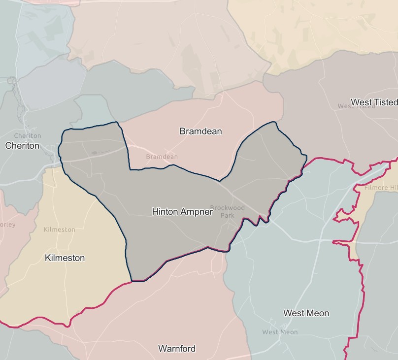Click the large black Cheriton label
point(22,146)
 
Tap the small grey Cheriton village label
point(28,136)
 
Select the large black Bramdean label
point(200,131)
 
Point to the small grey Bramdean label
point(162,157)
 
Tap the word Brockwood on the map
point(227,208)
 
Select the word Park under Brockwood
point(227,215)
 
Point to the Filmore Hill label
point(380,188)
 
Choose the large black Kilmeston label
point(65,258)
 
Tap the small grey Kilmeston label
point(60,229)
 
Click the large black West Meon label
point(306,313)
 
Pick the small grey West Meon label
point(280,332)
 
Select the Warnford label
point(177,349)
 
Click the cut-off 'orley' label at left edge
point(7,225)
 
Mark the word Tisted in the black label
point(386,102)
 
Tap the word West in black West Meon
point(294,313)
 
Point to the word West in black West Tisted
point(362,102)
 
